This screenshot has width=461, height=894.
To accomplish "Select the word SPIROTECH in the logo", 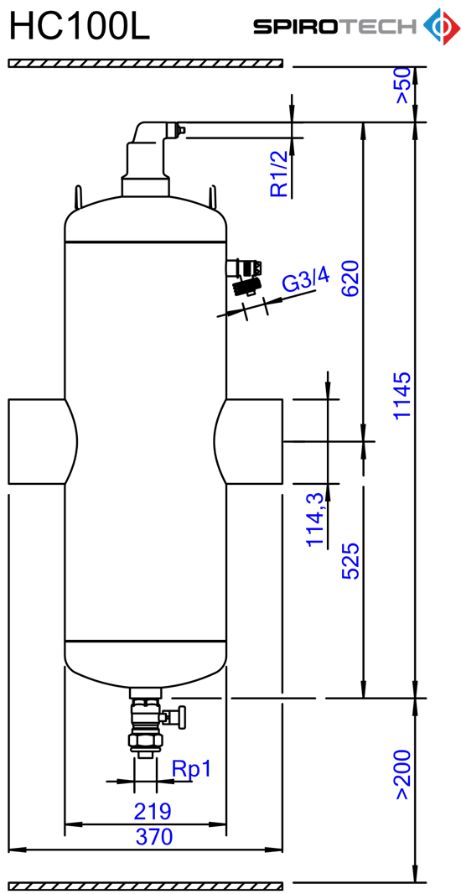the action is pos(335,26).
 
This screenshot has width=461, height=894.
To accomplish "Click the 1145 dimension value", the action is pos(401,395).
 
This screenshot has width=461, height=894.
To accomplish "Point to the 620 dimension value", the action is pos(350,278).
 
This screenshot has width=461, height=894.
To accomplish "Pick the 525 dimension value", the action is pos(350,560).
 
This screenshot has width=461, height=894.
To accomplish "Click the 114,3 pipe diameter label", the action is pos(315,519).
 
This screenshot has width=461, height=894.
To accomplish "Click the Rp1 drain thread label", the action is pos(191,769).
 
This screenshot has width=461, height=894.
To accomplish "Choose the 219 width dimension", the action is pos(153,810).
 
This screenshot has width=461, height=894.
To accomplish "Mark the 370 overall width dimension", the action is pos(154,837).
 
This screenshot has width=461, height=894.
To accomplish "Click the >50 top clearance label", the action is pos(401,86).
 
